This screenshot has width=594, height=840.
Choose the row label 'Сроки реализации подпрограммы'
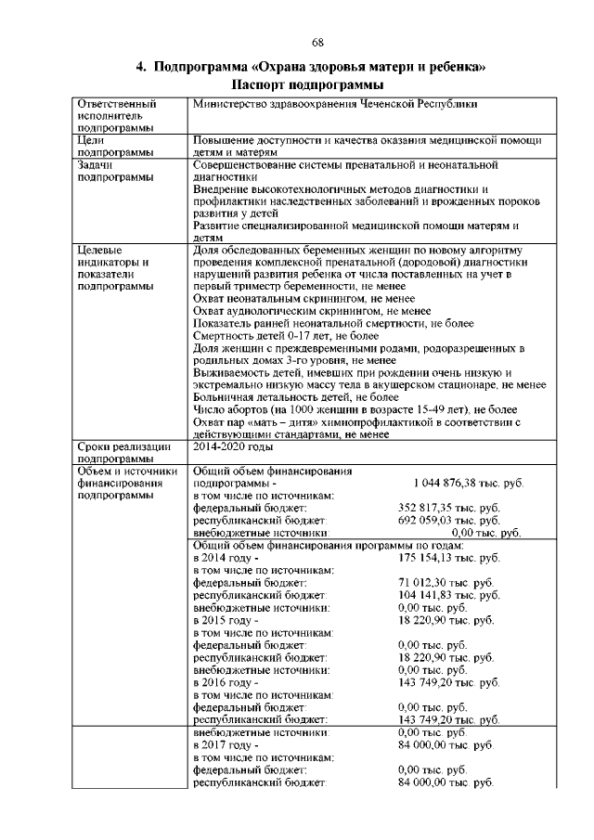pos(122,451)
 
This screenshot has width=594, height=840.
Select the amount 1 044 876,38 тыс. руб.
pos(468,484)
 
